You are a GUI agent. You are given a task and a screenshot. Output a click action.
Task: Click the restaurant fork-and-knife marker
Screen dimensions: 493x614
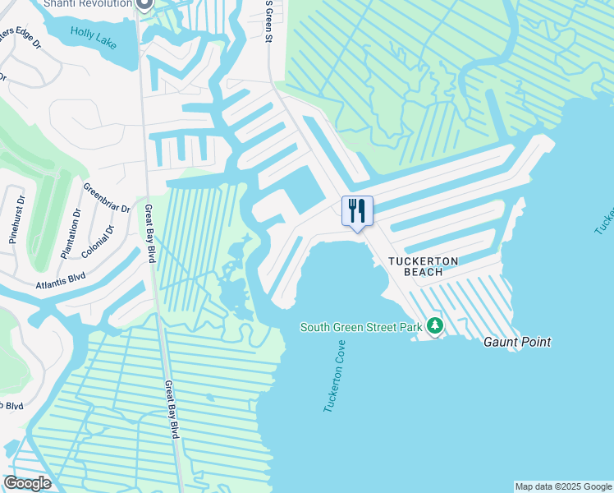(x=357, y=211)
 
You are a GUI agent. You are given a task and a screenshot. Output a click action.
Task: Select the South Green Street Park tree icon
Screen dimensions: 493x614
(x=434, y=326)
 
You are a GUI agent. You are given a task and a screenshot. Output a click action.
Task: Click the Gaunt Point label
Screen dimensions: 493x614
(x=516, y=342)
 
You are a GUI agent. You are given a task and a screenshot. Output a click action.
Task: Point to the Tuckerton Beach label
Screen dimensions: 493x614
(x=423, y=267)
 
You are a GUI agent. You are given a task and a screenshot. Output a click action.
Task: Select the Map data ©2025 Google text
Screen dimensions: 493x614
(x=564, y=486)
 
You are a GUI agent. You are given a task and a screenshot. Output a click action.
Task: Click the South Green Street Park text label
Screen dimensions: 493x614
(x=360, y=327)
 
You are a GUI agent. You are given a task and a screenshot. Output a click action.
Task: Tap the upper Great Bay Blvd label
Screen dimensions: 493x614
(x=149, y=234)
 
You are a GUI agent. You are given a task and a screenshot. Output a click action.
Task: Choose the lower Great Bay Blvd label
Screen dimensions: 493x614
(x=171, y=409)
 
